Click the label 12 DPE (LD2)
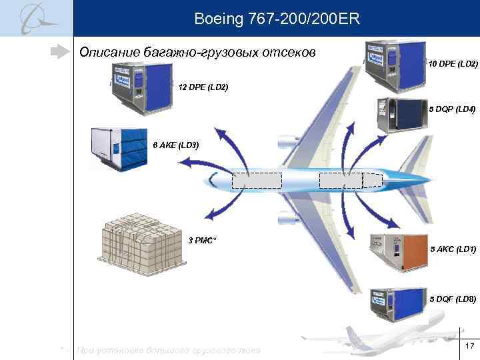[x=203, y=87]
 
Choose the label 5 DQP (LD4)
[x=451, y=109]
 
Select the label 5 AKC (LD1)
[x=453, y=249]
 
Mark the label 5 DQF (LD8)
[x=453, y=299]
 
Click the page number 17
[x=469, y=345]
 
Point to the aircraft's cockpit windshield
[x=213, y=178]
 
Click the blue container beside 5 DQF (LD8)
[x=398, y=305]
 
